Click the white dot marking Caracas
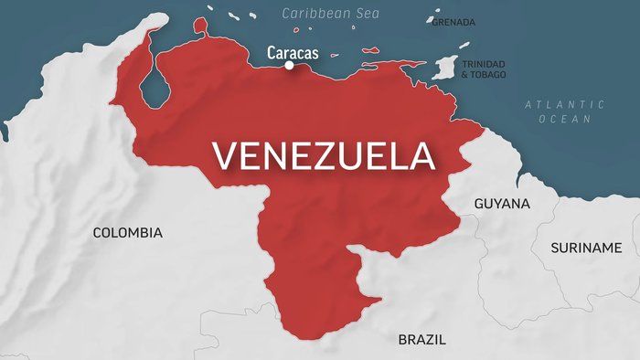pos(289,65)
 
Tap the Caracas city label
pos(293,52)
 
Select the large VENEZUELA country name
pos(324,155)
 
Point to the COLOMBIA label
pos(128,233)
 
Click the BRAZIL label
pos(422,339)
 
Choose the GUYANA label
pos(502,204)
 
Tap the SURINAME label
pos(586,248)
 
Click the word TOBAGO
pos(492,74)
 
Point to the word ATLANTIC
pos(551,105)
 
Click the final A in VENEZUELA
pos(421,155)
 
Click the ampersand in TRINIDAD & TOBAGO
pos(464,74)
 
